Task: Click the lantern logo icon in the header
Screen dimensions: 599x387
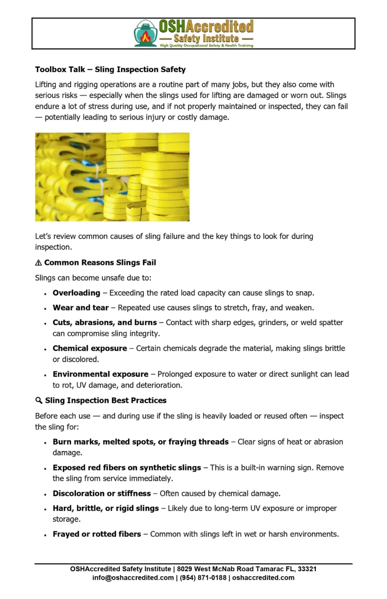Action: pos(146,34)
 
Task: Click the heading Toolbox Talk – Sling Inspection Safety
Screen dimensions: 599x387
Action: pos(110,70)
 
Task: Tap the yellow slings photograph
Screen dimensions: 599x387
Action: pos(112,177)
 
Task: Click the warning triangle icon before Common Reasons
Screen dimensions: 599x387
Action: pos(38,263)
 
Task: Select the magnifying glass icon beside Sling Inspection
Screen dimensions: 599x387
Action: pos(39,401)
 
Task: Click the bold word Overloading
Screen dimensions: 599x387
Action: pos(76,293)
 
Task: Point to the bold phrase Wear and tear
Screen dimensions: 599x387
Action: pos(81,308)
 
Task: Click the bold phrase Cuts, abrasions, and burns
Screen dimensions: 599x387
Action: pos(104,322)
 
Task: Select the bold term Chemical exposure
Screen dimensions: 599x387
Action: pos(90,349)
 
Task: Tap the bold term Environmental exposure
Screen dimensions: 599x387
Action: pos(100,374)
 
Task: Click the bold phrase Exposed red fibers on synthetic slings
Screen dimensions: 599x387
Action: pos(126,468)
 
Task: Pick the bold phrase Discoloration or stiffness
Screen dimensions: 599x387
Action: pos(101,494)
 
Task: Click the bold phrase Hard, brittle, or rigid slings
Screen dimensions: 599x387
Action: pos(105,509)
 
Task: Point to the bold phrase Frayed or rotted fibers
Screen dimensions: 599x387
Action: pos(97,534)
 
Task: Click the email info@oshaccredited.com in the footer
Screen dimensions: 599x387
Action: pos(133,578)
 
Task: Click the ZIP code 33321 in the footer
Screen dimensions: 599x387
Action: pos(307,569)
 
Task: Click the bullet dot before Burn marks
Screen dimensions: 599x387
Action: pos(45,443)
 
